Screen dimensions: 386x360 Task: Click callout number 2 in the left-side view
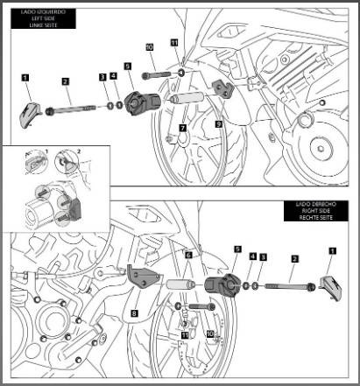(x=66, y=81)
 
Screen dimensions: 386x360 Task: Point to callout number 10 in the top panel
(x=149, y=46)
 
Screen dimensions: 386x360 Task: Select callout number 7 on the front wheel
(x=181, y=128)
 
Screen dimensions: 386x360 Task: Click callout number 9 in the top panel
(x=218, y=125)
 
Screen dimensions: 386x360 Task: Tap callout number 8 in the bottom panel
(x=134, y=311)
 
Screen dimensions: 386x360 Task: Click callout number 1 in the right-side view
(x=331, y=249)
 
